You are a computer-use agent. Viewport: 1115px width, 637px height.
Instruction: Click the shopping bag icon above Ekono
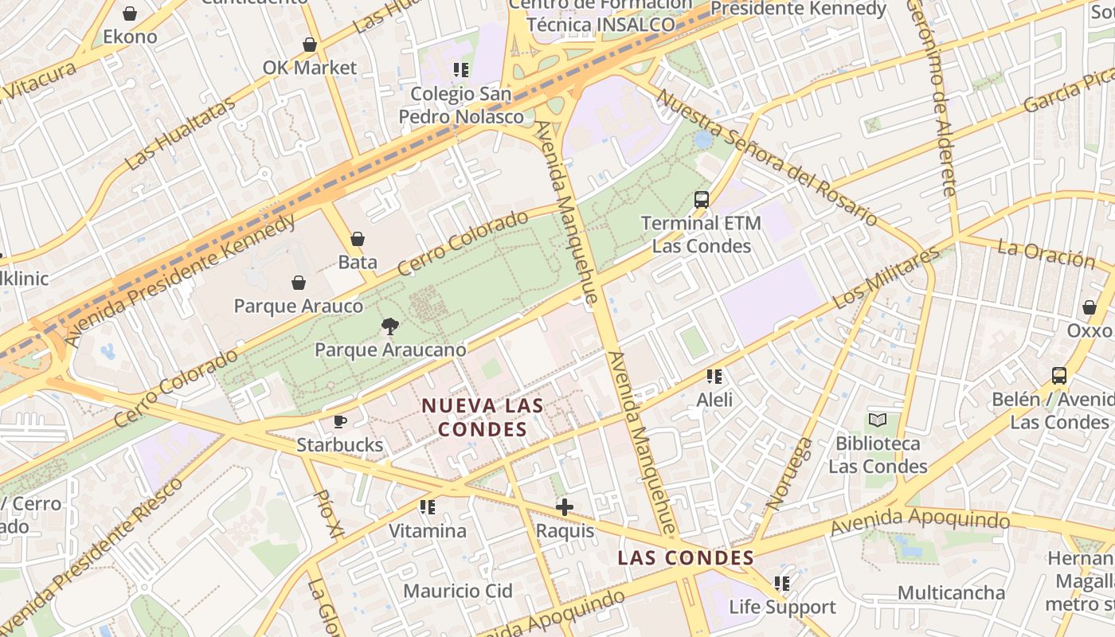coord(130,14)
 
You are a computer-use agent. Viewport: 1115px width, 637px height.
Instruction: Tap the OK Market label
coord(310,68)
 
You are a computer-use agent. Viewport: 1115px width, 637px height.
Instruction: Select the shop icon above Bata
coord(358,239)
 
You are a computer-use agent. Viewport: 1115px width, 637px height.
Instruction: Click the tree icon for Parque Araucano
coord(389,325)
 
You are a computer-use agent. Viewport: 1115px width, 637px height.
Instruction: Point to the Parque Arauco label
coord(298,306)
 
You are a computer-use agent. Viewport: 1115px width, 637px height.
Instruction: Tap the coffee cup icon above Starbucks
coord(340,421)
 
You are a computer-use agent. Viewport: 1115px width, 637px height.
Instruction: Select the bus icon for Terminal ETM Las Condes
coord(701,200)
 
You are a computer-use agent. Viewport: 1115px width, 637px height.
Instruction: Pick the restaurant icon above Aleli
coord(714,376)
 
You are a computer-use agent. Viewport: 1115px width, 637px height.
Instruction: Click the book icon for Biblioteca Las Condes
coord(878,420)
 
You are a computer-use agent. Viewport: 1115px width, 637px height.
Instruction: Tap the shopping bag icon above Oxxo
coord(1089,307)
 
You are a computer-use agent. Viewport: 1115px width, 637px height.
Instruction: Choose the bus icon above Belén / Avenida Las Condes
coord(1059,376)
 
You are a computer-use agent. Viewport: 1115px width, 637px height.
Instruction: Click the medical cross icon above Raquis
coord(565,506)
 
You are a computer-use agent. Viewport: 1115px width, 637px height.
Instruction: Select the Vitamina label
coord(428,530)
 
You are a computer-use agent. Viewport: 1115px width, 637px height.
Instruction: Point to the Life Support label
coord(783,608)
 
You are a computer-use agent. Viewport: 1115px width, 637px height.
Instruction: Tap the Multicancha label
coord(951,592)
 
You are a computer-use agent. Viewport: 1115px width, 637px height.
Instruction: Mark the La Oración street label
coord(1047,254)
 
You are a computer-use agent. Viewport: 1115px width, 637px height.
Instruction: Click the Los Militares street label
coord(886,279)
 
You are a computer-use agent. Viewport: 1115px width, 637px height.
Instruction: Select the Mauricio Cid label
coord(457,591)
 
